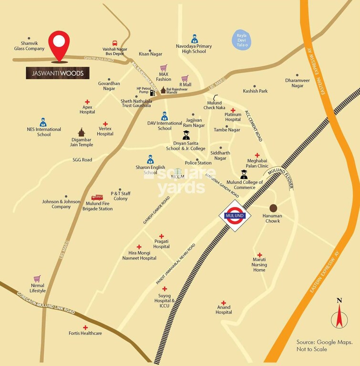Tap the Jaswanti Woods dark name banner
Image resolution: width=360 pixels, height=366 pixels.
[x=58, y=73]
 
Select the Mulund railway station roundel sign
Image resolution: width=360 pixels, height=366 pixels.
[x=235, y=216]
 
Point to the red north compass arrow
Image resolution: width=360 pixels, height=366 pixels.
[x=339, y=316]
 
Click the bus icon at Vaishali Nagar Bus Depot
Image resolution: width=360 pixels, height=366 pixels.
[x=115, y=43]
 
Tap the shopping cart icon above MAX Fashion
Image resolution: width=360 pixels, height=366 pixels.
[x=164, y=68]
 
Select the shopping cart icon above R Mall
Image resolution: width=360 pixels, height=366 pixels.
[x=185, y=79]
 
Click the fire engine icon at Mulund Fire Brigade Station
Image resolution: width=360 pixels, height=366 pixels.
[x=97, y=198]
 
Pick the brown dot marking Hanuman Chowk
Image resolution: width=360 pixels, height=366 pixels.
[x=273, y=208]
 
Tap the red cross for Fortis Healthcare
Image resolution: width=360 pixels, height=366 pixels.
[x=85, y=327]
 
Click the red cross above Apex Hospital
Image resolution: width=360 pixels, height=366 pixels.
[x=87, y=102]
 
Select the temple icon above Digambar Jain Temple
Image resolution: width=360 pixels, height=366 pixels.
[x=81, y=132]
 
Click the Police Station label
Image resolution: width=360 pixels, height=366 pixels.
[x=198, y=163]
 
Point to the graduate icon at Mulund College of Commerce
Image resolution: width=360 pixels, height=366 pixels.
[x=244, y=175]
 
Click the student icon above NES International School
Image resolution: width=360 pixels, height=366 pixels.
[x=43, y=122]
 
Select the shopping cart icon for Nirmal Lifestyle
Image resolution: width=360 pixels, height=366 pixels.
[x=37, y=279]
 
